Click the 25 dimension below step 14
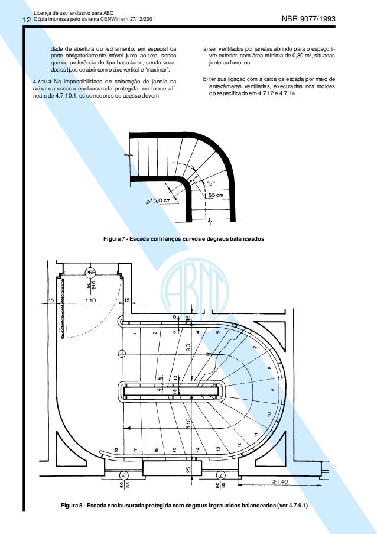pos(187,471)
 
